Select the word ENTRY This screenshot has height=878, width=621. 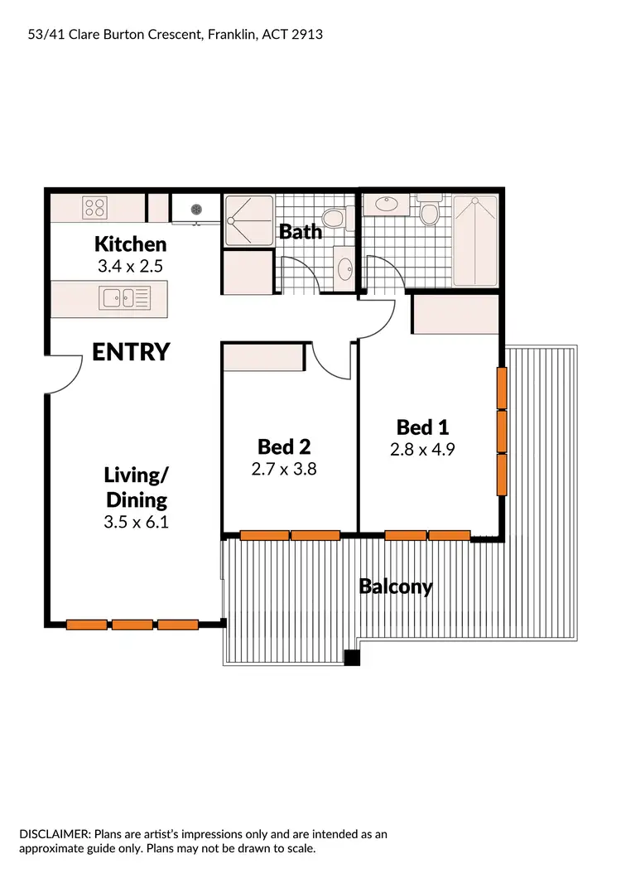[131, 352]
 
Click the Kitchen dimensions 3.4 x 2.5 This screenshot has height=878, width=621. [130, 267]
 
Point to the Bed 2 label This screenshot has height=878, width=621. [284, 447]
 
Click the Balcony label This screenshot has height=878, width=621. [395, 586]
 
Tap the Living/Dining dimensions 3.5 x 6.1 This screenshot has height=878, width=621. [137, 522]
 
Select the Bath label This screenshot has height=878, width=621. [300, 232]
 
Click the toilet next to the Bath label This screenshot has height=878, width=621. [333, 219]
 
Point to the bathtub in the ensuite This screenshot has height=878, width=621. [475, 240]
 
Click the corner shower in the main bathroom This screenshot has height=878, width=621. [248, 219]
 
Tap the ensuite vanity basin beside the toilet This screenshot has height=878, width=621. [386, 203]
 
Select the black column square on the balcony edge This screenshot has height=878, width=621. [352, 658]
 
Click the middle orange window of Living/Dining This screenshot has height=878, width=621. [132, 625]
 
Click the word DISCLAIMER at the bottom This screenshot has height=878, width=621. [55, 834]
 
